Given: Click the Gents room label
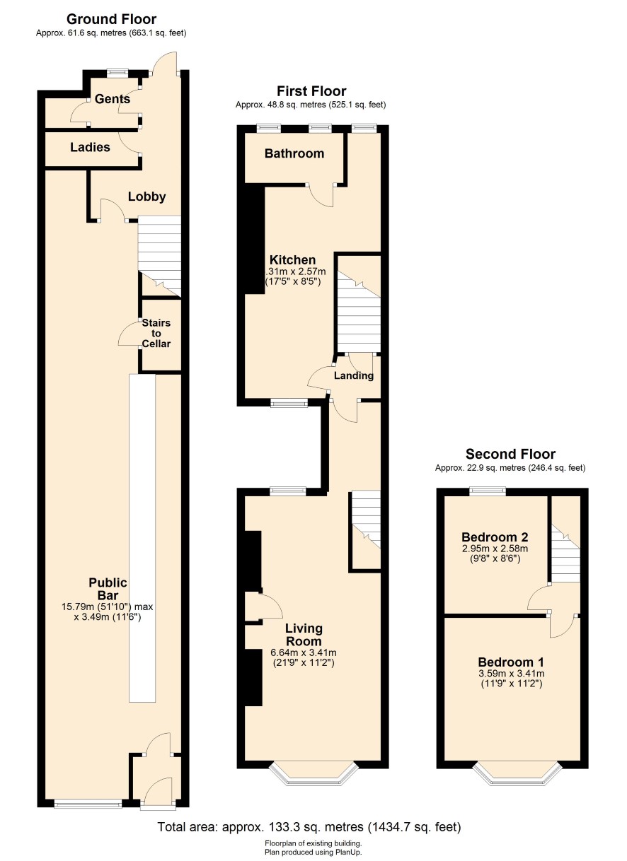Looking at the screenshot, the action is (x=112, y=99).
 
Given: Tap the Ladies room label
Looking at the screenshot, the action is (x=90, y=147).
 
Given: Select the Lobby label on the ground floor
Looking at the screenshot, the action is (x=146, y=197).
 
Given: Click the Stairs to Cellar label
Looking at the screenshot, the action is (x=156, y=333).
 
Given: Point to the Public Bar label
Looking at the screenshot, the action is (x=108, y=589).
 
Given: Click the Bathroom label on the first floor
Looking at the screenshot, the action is (x=294, y=153).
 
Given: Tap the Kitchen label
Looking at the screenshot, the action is (x=292, y=259).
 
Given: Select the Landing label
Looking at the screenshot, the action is (x=353, y=375).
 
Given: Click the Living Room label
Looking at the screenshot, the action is (x=304, y=635).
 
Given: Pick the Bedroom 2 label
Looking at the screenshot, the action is (x=495, y=537).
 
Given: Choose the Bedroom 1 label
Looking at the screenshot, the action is (x=511, y=662).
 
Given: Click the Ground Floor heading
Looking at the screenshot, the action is (x=111, y=19).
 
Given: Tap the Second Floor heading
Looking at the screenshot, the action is (x=510, y=454).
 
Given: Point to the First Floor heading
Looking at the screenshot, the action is (x=311, y=91).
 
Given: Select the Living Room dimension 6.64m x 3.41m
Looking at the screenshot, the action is (x=304, y=652).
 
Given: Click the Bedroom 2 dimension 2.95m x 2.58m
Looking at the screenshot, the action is (x=495, y=549).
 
